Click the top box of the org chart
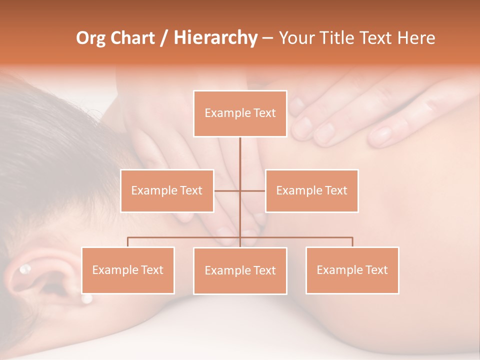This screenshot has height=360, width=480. [240, 113]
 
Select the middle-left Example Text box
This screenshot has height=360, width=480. [167, 190]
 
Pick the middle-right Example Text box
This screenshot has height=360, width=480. [311, 190]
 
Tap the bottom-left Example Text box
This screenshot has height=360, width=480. [128, 270]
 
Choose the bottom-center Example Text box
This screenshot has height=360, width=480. [240, 270]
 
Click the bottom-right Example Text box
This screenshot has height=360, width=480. [352, 270]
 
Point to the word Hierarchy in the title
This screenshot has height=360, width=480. [215, 38]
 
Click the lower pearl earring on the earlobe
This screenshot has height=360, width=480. [87, 299]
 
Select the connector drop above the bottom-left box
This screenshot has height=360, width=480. [128, 242]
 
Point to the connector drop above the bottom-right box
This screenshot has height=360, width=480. [352, 242]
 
